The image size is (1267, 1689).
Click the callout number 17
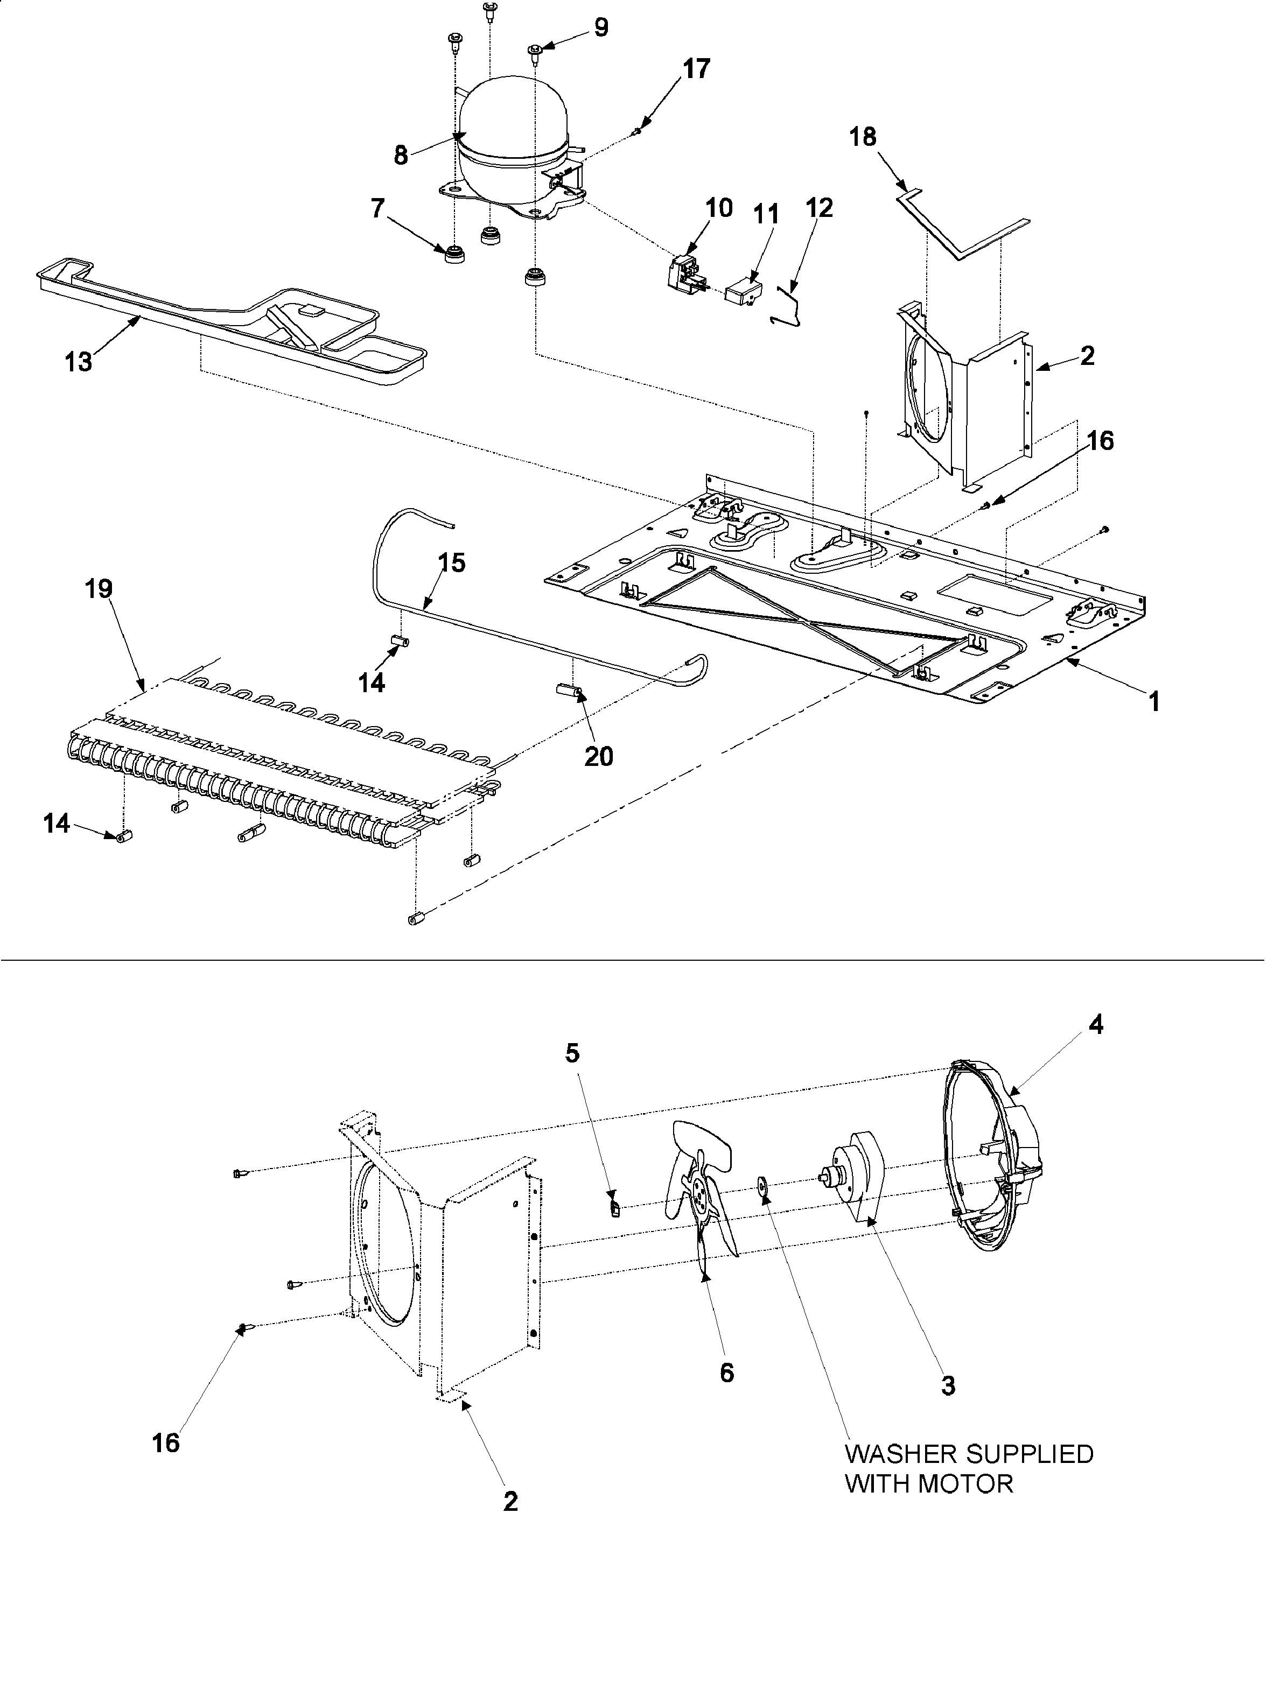pyautogui.click(x=696, y=69)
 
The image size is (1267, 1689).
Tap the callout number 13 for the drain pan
pyautogui.click(x=78, y=361)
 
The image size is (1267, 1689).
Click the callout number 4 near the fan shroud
pyautogui.click(x=1095, y=1025)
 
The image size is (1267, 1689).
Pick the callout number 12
pyautogui.click(x=820, y=208)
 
